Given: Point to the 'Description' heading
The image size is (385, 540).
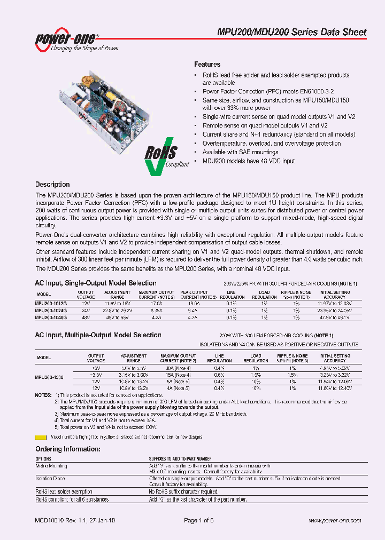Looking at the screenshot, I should tap(52, 185).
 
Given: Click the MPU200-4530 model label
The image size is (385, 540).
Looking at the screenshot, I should tap(50, 377).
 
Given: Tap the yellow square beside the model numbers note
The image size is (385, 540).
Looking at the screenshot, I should tap(38, 436).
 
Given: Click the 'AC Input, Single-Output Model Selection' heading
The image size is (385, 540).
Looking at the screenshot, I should tap(96, 283).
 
